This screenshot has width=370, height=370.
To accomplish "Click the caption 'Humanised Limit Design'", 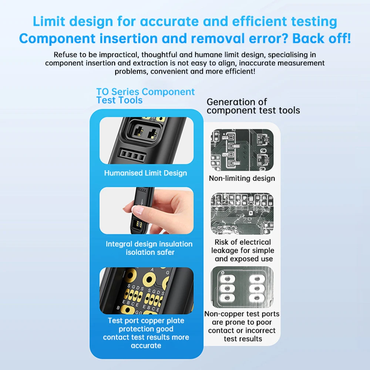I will coord(145,173).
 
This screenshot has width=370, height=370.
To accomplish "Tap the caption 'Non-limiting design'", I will coord(242,178).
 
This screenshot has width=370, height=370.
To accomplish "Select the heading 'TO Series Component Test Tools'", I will coord(145,96).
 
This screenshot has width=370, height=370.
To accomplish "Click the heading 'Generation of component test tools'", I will coord(253,106).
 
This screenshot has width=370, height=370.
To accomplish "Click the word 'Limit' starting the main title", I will coord(48,21).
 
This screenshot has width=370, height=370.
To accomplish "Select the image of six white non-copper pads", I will coord(242,287).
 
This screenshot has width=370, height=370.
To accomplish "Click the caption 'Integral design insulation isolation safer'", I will coord(149,248).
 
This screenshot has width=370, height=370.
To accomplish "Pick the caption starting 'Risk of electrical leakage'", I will coord(242,250).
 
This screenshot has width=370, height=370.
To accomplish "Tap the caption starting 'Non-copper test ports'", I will coord(242,326).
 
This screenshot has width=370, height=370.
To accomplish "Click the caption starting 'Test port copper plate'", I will coord(146,333).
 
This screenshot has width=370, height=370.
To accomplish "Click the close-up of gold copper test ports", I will coord(147,291).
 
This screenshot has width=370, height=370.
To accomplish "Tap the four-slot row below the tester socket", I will coord(132,155).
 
